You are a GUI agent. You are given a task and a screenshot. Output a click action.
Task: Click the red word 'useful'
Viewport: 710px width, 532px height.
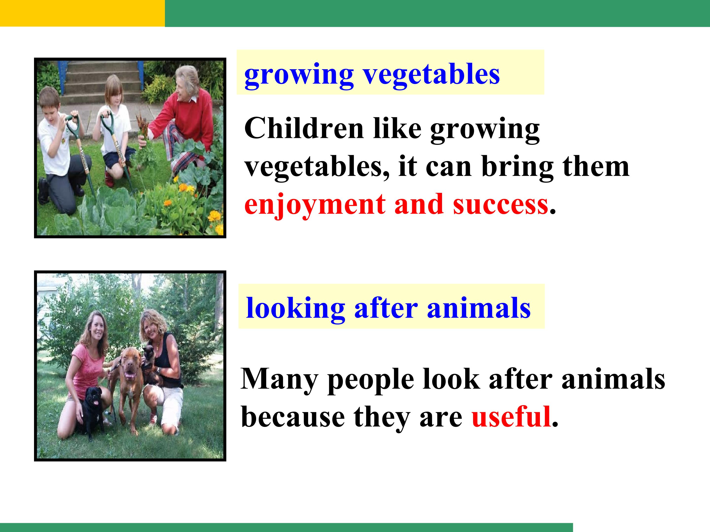pyautogui.click(x=511, y=416)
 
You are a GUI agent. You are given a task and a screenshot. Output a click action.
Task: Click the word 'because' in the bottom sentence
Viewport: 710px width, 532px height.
pyautogui.click(x=293, y=416)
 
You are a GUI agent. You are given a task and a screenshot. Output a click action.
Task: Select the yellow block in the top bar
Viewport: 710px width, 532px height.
pyautogui.click(x=83, y=13)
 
